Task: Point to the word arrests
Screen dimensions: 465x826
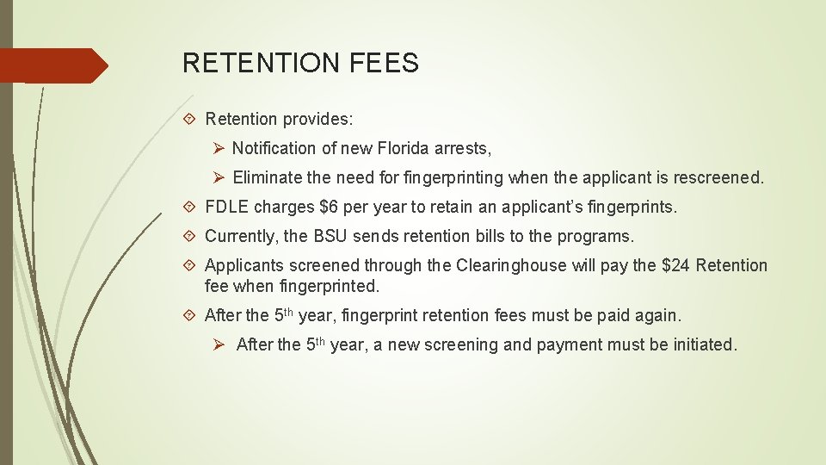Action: tap(463, 149)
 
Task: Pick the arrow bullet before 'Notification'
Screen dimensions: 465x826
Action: tap(219, 149)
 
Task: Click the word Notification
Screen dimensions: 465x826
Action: tap(273, 149)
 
